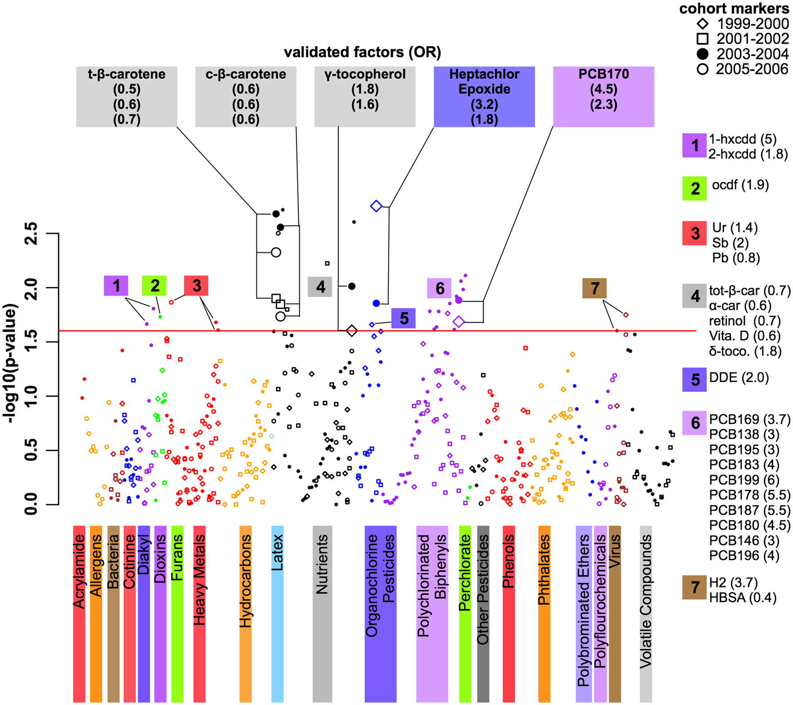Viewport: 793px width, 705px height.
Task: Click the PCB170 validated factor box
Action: coord(603,97)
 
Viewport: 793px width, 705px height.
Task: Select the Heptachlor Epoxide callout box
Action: coord(484,97)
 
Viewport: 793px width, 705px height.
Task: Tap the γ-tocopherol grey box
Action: coord(365,97)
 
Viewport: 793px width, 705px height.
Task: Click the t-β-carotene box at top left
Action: coord(127,97)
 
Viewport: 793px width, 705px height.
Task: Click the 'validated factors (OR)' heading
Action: coord(362,52)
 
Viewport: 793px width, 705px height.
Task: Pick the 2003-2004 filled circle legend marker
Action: coord(702,54)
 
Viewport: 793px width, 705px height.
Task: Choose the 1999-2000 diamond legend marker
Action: coord(702,23)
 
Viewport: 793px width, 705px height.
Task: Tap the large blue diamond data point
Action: coord(376,206)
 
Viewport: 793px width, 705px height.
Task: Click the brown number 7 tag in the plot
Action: coord(595,288)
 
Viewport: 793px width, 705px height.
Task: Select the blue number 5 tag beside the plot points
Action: coord(404,318)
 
